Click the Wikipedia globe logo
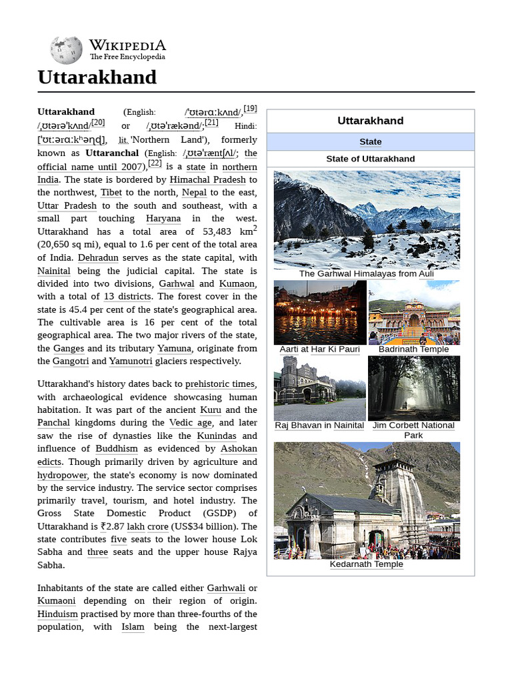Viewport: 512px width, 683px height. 65,50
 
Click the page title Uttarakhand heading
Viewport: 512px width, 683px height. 97,77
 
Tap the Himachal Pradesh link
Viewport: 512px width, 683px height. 208,179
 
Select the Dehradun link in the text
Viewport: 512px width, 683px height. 98,257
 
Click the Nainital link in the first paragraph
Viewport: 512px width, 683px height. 54,271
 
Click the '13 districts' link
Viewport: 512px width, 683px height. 128,296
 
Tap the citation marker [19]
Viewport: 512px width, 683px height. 250,109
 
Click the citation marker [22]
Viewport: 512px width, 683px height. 155,163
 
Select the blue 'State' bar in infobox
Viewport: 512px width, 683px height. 370,141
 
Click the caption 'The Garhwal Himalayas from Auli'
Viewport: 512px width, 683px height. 366,273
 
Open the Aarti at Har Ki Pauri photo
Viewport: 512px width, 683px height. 320,312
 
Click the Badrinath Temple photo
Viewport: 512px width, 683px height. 413,312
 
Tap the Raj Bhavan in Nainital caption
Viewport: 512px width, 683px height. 319,426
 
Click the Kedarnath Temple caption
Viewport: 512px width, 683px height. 366,564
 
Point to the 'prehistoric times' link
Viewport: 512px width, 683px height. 220,384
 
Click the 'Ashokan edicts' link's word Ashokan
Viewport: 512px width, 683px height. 239,449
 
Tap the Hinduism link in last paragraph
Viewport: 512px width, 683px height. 57,614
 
